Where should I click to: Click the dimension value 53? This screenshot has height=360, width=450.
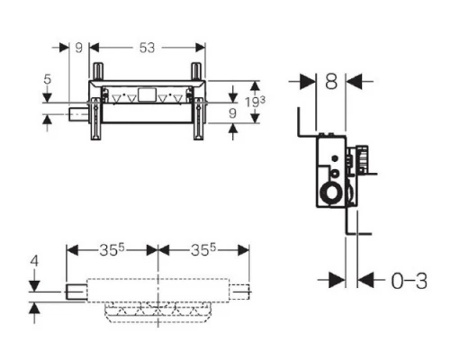(x=147, y=48)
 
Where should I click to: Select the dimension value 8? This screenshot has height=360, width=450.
(x=331, y=81)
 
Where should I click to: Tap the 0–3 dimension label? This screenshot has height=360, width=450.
(x=409, y=281)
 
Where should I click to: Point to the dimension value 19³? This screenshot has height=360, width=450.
(x=255, y=102)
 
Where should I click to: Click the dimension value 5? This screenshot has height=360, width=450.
(x=48, y=79)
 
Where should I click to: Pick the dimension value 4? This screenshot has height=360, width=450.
(x=34, y=261)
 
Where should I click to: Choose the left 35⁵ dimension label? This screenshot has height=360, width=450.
(x=112, y=249)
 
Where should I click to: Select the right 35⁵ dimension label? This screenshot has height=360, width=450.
(x=203, y=249)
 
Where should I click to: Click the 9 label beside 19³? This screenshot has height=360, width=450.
(x=232, y=113)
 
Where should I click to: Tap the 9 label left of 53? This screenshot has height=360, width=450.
(x=78, y=48)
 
